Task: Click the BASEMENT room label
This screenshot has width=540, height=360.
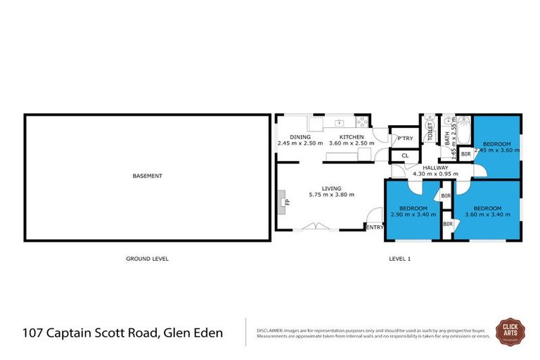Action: pyautogui.click(x=148, y=176)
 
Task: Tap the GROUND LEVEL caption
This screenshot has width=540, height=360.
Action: pyautogui.click(x=147, y=259)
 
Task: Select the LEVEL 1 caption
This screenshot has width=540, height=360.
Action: pyautogui.click(x=399, y=259)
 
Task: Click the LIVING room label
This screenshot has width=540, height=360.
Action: pyautogui.click(x=331, y=188)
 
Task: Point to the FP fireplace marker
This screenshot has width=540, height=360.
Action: pyautogui.click(x=285, y=202)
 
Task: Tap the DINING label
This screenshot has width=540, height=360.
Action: pyautogui.click(x=300, y=137)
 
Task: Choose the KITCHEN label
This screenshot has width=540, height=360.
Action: pyautogui.click(x=352, y=137)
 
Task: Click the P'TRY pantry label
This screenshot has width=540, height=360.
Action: pyautogui.click(x=404, y=139)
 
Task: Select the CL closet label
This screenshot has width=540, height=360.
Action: pyautogui.click(x=405, y=155)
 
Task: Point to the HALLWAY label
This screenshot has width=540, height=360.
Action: pyautogui.click(x=435, y=167)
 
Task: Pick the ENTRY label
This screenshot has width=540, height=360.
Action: pyautogui.click(x=375, y=226)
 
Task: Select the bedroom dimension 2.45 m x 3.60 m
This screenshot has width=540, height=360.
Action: pyautogui.click(x=497, y=150)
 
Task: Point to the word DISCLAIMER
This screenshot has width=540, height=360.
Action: pyautogui.click(x=269, y=329)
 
